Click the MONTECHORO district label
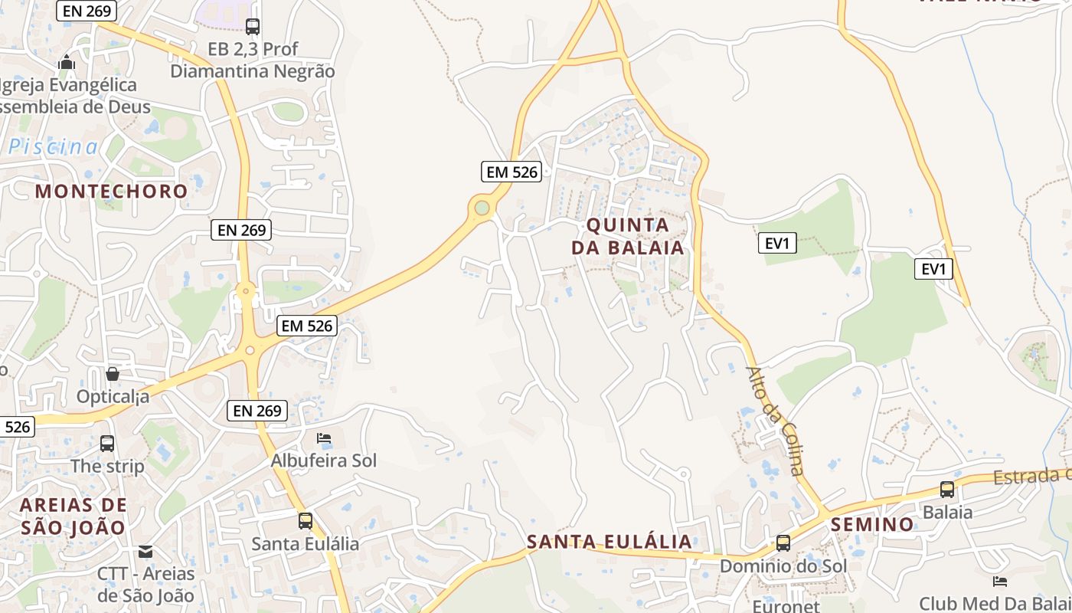tap(111, 191)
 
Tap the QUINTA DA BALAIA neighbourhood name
tap(627, 236)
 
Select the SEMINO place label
tap(872, 524)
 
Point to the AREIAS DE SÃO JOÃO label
tap(73, 516)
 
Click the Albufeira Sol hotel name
tap(323, 461)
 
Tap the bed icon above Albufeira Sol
tap(324, 438)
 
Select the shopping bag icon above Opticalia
tap(113, 374)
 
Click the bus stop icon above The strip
tap(107, 443)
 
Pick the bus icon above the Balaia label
tap(947, 489)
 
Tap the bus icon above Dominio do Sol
tap(783, 543)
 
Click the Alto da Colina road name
tap(775, 420)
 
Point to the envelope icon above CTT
tap(145, 551)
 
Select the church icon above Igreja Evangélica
tap(67, 62)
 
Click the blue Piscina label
tap(54, 147)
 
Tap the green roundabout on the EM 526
tap(482, 207)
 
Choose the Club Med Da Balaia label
tap(995, 603)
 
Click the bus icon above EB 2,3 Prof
tap(253, 27)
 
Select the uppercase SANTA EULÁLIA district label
tap(610, 542)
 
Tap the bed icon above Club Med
tap(999, 581)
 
